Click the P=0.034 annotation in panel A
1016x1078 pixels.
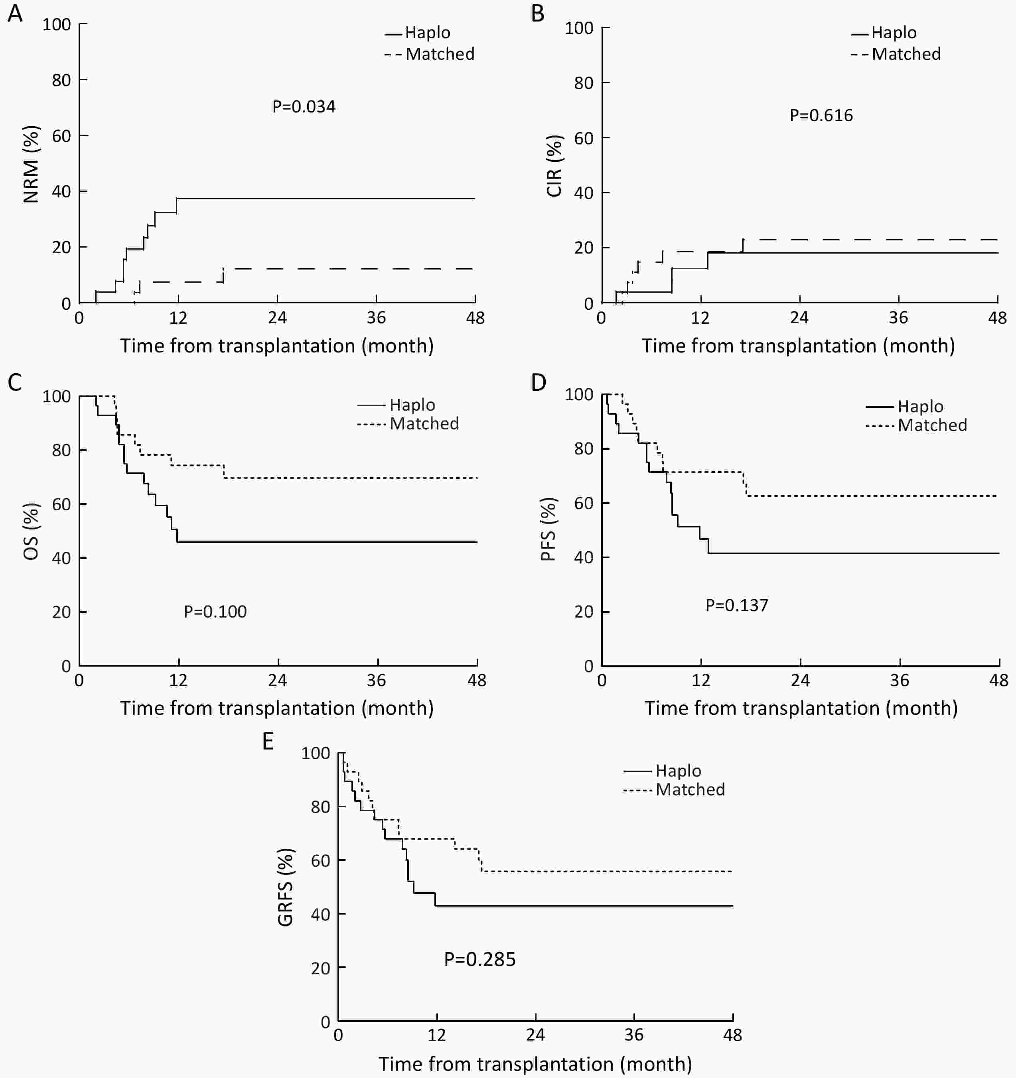pyautogui.click(x=304, y=106)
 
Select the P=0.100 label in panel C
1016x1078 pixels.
pyautogui.click(x=215, y=612)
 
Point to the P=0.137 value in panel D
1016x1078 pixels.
pyautogui.click(x=737, y=605)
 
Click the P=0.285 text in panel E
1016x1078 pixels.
pyautogui.click(x=479, y=959)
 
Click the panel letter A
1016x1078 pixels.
pyautogui.click(x=15, y=14)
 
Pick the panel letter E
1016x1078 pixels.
pyautogui.click(x=268, y=741)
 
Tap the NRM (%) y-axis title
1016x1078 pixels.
pyautogui.click(x=32, y=164)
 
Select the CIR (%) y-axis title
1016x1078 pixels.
pyautogui.click(x=554, y=165)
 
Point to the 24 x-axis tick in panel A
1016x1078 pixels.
pyautogui.click(x=277, y=318)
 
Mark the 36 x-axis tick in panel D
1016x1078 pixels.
pyautogui.click(x=900, y=680)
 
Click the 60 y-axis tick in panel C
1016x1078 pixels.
pyautogui.click(x=61, y=504)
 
